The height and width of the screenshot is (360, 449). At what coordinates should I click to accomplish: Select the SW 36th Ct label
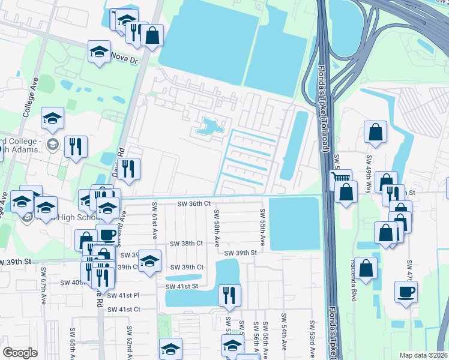(x=194, y=204)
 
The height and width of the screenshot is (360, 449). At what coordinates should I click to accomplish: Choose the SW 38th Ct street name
(x=187, y=244)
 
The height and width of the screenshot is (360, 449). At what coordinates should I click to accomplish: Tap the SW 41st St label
(x=182, y=287)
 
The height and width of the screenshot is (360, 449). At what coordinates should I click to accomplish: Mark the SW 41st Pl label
(x=123, y=295)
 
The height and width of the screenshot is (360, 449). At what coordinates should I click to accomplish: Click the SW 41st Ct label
(x=124, y=309)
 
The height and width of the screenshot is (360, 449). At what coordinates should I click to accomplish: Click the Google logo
(x=20, y=353)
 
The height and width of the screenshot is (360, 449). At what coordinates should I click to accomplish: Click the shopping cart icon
(x=341, y=178)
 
